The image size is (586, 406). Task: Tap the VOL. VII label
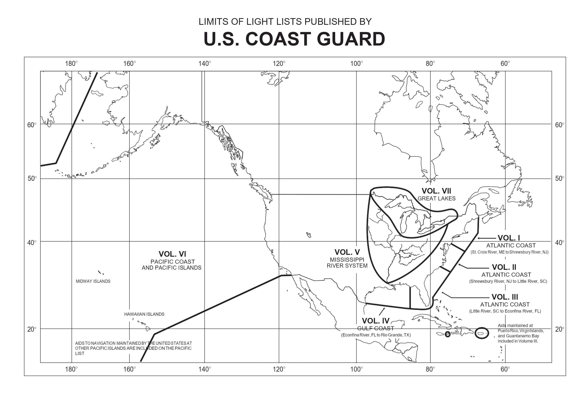[436, 191]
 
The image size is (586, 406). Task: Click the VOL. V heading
[347, 252]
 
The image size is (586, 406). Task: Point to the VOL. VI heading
[172, 254]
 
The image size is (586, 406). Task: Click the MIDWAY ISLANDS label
[93, 281]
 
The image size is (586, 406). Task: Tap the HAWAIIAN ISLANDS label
[144, 314]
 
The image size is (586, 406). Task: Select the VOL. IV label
[375, 321]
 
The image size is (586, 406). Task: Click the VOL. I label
[508, 238]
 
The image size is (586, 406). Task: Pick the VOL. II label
[504, 267]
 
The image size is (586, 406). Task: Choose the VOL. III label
[505, 297]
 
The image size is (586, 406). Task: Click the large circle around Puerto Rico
[481, 333]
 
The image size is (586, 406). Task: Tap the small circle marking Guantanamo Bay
[447, 334]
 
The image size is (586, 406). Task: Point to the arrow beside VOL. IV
[382, 311]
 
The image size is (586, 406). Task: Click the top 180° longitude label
[71, 64]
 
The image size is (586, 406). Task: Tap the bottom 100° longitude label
[356, 369]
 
